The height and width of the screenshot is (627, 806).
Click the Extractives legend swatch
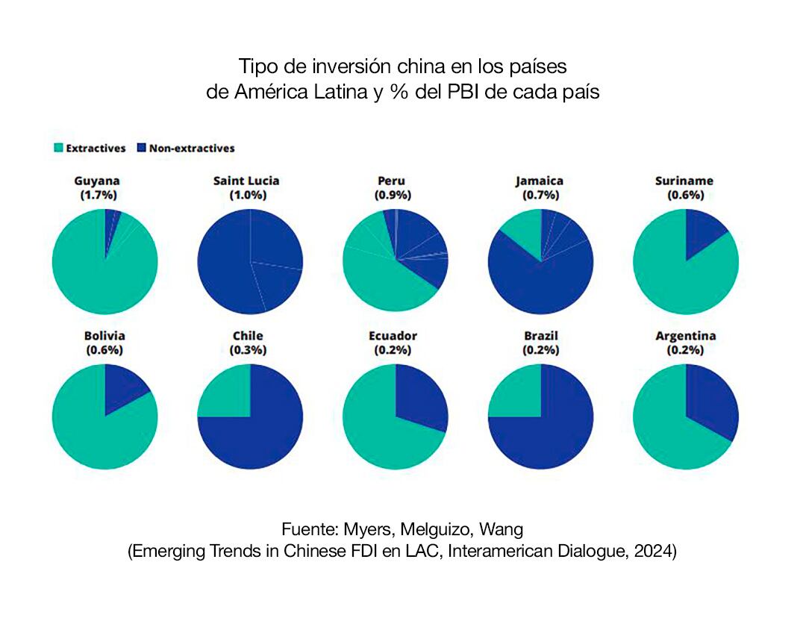(x=58, y=149)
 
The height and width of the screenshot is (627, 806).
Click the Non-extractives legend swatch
(x=142, y=149)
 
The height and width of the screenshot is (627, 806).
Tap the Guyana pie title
(x=98, y=181)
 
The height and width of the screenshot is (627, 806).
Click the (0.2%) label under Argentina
(x=685, y=349)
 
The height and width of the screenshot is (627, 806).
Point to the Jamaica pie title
(x=540, y=181)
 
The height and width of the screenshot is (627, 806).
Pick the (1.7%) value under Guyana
(x=98, y=195)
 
